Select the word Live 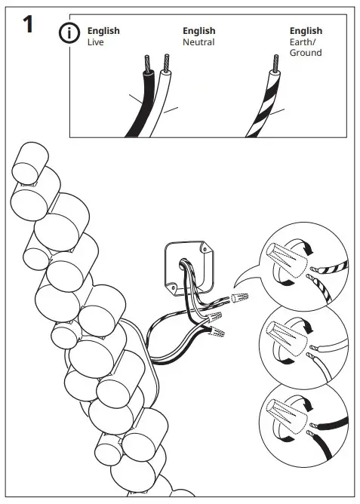[95, 43]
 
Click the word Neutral [198, 43]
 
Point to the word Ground [306, 54]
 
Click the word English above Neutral [198, 32]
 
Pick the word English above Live [103, 32]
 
